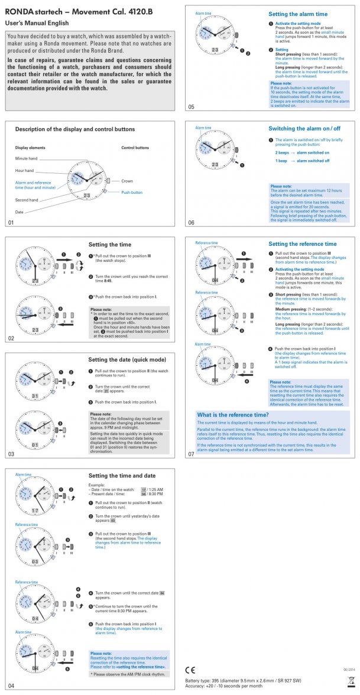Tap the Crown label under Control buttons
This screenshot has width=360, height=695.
(127, 180)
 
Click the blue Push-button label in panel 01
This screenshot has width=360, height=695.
(132, 193)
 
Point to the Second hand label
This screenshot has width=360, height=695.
(27, 200)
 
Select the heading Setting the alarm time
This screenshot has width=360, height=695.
(298, 14)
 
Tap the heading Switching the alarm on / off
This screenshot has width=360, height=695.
(304, 129)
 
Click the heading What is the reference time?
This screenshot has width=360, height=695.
(232, 415)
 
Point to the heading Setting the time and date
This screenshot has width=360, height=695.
(122, 476)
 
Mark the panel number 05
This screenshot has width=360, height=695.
(191, 107)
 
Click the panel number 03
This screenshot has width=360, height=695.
(11, 454)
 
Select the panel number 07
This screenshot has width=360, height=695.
(191, 454)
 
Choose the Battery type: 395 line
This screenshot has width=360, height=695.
(243, 681)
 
